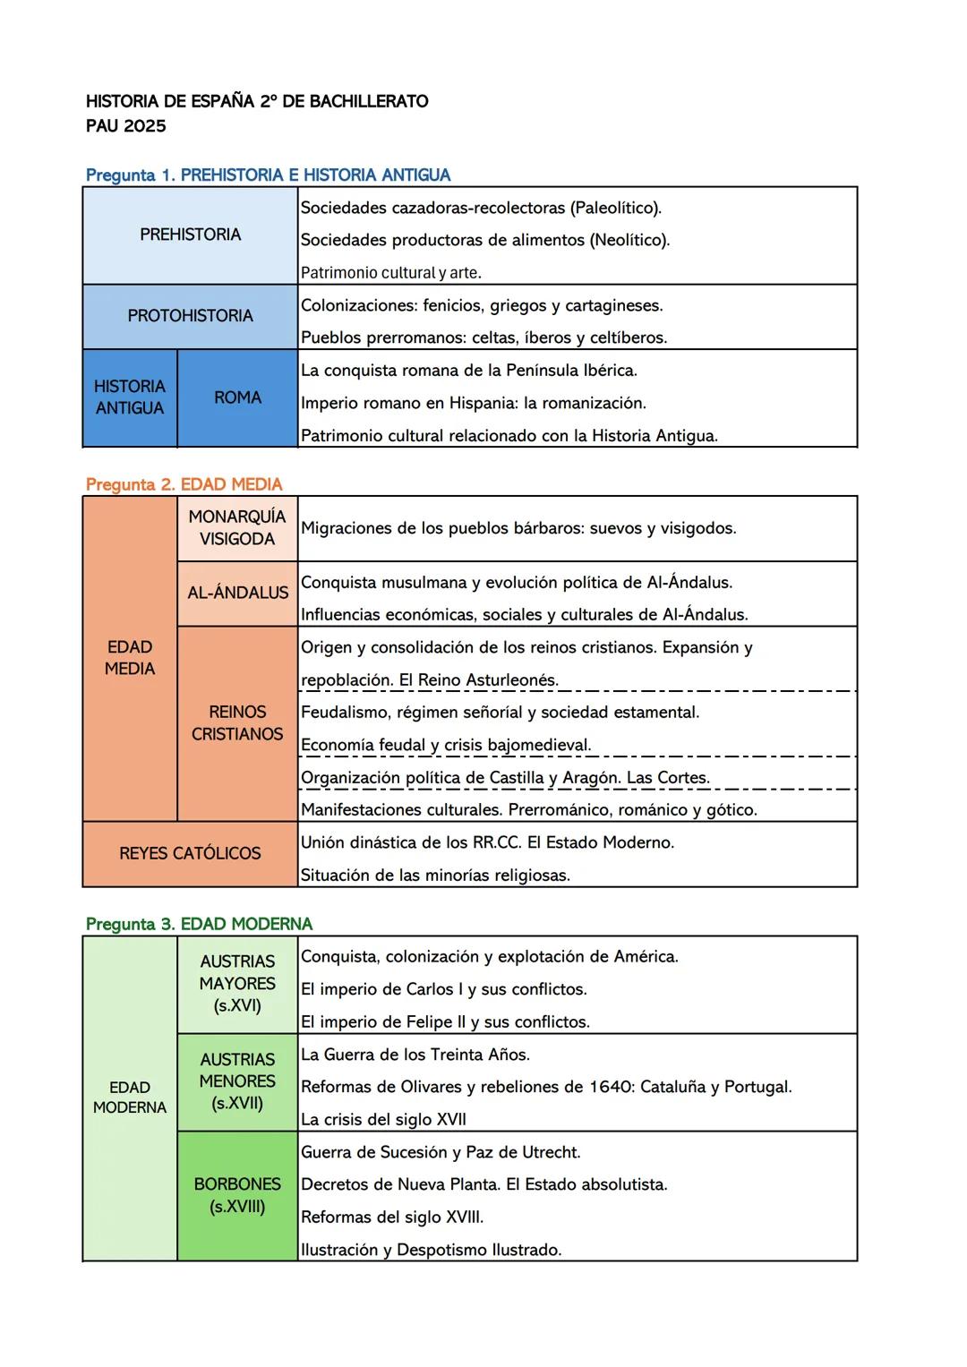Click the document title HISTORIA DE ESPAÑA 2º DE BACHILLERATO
257,101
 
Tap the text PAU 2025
126,126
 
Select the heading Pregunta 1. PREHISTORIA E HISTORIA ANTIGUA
268,175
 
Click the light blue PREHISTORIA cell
190,235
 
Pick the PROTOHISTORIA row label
190,316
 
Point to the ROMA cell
237,397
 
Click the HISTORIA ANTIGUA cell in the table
130,397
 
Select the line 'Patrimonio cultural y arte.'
390,273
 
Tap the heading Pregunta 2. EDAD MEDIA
184,484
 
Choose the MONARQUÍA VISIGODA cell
237,528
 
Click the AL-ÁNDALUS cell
237,593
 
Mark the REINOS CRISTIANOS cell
237,723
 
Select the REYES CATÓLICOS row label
190,854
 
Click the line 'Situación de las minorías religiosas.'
435,876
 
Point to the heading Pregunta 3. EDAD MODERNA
199,924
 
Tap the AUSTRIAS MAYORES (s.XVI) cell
237,984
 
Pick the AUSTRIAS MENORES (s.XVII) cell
237,1081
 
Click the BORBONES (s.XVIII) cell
237,1195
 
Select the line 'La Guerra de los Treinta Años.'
415,1055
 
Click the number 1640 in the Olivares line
611,1088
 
